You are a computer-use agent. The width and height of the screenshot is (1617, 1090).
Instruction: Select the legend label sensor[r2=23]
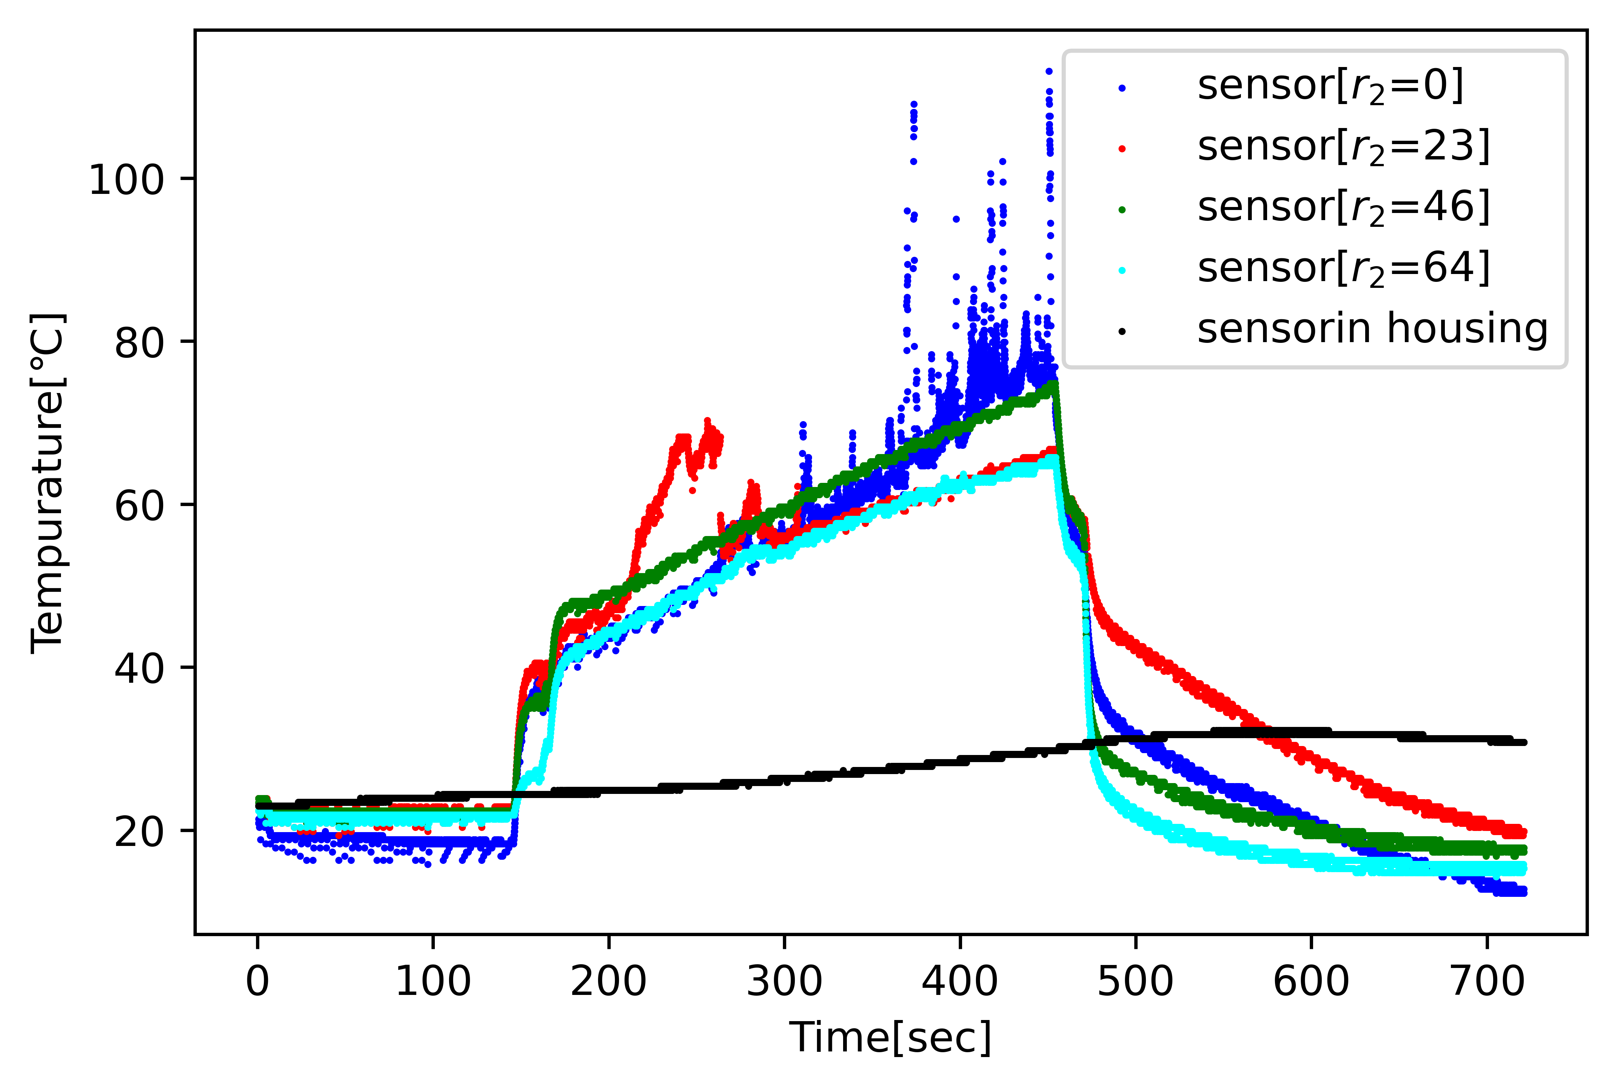(x=1343, y=147)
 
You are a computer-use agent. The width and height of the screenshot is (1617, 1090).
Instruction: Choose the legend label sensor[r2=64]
(x=1343, y=268)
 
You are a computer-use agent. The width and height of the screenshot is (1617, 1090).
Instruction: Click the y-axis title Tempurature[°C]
(x=47, y=483)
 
